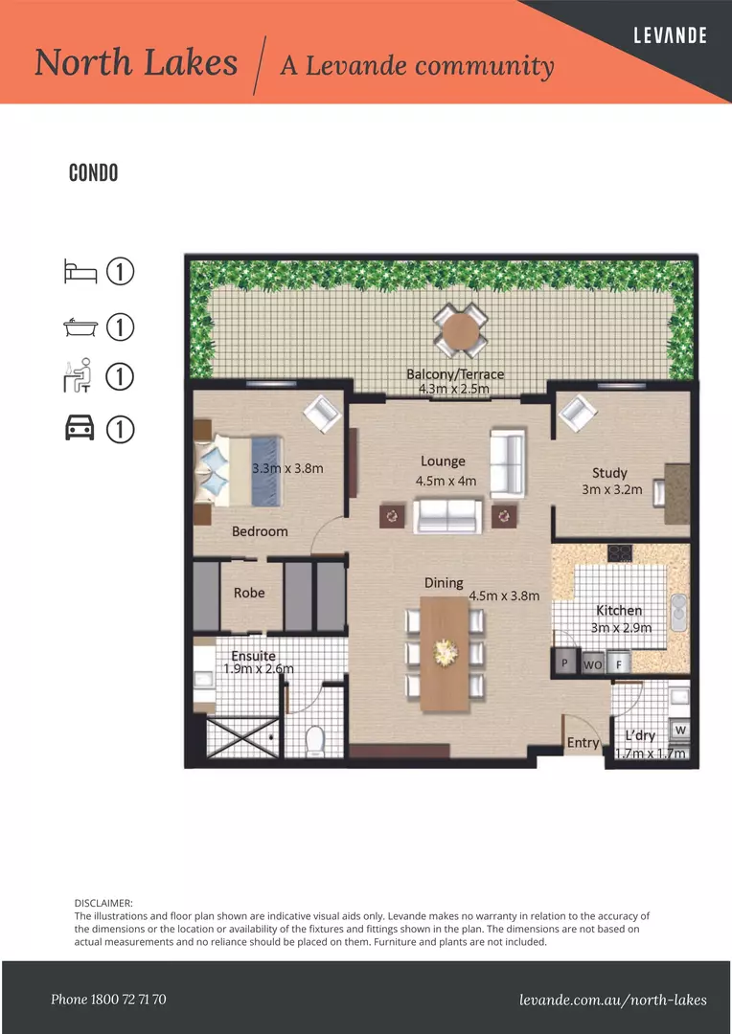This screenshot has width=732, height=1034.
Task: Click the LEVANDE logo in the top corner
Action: pos(670,35)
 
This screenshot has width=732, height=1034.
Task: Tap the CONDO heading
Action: pos(93,173)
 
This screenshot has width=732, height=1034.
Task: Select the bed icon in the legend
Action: pos(80,272)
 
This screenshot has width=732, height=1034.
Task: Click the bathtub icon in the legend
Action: pos(80,327)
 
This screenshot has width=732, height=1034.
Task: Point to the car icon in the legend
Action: pos(80,429)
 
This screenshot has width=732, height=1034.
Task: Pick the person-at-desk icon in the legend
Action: pos(78,376)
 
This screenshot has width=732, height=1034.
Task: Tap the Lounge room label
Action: pos(443,461)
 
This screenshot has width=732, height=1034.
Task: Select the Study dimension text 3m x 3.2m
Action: pos(612,490)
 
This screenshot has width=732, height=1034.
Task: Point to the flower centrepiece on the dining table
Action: pos(446,652)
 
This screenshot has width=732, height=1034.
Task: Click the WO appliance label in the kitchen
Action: pos(593,664)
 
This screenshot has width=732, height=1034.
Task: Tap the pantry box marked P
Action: pos(565,663)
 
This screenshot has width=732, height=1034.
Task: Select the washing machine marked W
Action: pos(680,731)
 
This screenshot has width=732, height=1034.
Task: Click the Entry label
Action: pos(583,743)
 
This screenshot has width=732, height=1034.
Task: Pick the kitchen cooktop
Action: pos(619,552)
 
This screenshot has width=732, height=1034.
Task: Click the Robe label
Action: pos(249,593)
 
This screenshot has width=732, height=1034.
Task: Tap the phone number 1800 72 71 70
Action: pos(108,1000)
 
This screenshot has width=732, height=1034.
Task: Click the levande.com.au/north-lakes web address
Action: pos(612,1000)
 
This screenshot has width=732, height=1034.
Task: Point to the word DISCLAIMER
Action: pos(103,903)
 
